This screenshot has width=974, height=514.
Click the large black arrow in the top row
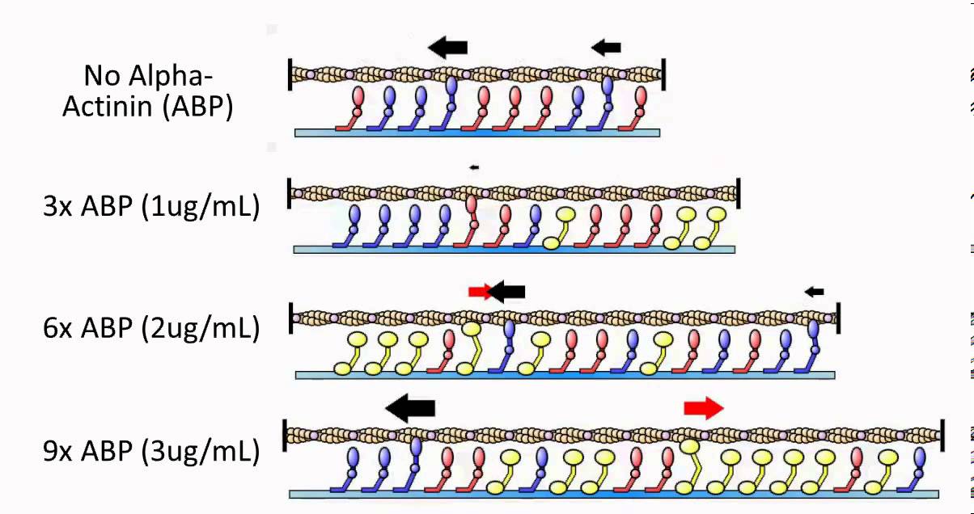[447, 48]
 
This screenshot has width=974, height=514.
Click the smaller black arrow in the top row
[606, 48]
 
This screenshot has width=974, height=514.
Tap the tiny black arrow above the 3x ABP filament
[474, 167]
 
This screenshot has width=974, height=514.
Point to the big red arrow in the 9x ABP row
[703, 409]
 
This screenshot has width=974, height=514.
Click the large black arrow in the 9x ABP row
[409, 409]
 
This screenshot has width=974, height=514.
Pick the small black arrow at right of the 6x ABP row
[814, 292]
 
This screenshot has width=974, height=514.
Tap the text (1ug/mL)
[200, 207]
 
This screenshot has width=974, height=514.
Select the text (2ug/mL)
[200, 329]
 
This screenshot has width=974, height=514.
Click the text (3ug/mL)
[200, 450]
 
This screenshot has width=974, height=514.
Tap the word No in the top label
[101, 76]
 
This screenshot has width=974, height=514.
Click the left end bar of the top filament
[290, 74]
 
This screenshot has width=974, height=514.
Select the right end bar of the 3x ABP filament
[739, 194]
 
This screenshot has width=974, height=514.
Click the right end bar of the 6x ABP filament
[838, 318]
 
